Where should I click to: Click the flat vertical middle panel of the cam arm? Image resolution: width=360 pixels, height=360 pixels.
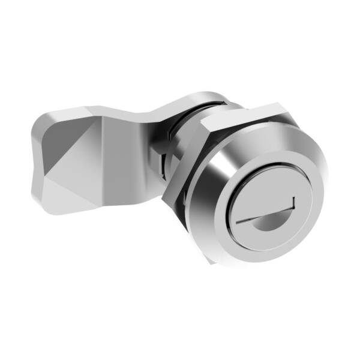pos(120,162)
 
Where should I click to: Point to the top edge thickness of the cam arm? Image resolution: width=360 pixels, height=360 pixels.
pos(120,112)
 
